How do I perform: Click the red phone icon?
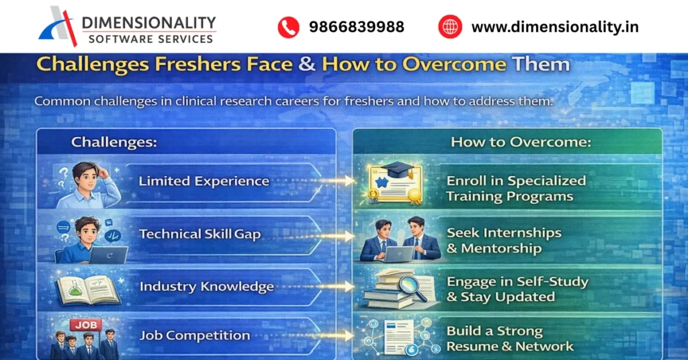(x=288, y=27)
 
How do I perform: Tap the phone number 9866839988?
(x=357, y=27)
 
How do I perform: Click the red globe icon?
(x=450, y=27)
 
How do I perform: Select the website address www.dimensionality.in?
(x=555, y=27)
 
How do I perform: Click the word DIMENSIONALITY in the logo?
(x=148, y=22)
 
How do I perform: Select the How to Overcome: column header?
(x=508, y=142)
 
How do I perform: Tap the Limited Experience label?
(x=204, y=181)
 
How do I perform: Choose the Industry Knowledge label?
(x=206, y=287)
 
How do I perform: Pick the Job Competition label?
(x=194, y=335)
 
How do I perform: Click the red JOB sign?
(x=85, y=325)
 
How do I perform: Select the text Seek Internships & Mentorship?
(x=504, y=240)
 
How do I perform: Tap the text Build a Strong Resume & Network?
(x=509, y=339)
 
